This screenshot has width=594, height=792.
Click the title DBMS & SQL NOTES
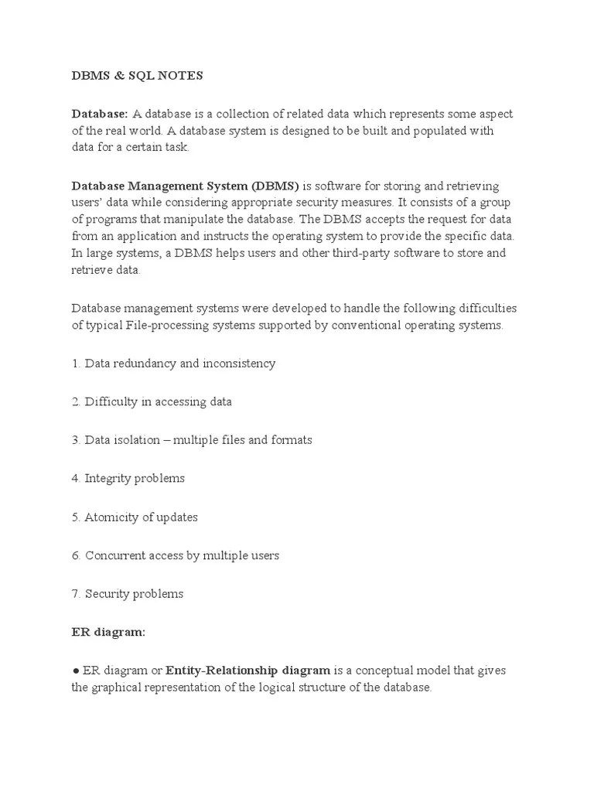coord(138,75)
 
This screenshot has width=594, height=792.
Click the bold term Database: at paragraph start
coord(100,114)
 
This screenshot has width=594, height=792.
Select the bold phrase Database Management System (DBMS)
coord(186,186)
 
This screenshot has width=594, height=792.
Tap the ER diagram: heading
coord(108,632)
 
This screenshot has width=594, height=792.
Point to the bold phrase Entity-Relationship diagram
coord(248,670)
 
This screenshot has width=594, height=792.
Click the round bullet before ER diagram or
coord(75,671)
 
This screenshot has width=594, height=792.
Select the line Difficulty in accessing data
coord(158,401)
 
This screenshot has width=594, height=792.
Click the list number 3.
coord(76,440)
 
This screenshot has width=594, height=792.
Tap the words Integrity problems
coord(135,478)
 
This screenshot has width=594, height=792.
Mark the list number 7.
coord(76,594)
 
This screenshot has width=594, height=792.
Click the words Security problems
coord(135,594)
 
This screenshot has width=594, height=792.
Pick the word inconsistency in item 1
coord(239,363)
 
